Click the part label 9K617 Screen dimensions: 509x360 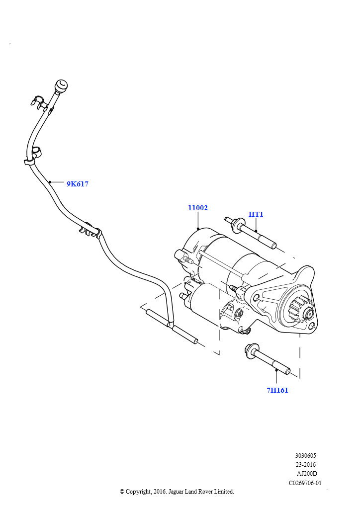coord(77,184)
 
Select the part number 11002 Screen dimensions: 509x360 coord(197,208)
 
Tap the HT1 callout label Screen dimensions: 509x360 coord(256,214)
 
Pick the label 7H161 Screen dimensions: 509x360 coord(277,390)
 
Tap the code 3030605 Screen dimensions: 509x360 coord(305,455)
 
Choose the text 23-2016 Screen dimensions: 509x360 coord(305,465)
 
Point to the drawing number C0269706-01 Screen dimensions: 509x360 coord(305,483)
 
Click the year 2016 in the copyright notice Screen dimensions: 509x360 coord(160,492)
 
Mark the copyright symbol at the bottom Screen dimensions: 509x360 coord(122,492)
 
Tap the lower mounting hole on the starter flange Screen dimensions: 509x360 coord(311,327)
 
